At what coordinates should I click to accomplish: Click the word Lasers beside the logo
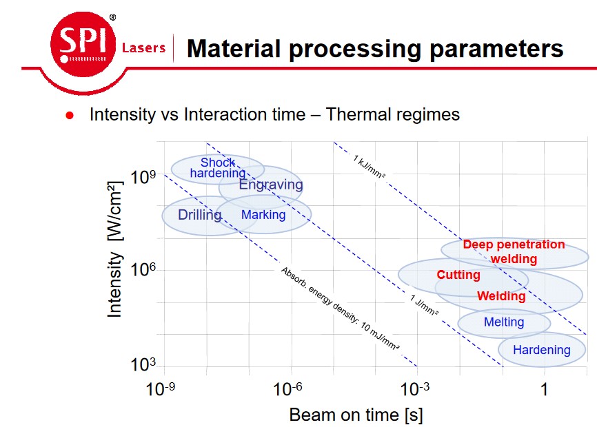[x=143, y=48]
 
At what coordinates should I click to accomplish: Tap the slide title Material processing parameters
[x=375, y=48]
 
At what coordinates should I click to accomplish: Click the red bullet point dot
[x=69, y=116]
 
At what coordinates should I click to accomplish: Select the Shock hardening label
[x=218, y=168]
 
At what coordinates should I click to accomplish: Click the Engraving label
[x=270, y=185]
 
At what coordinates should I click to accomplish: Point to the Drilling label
[x=200, y=215]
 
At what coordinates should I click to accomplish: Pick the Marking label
[x=263, y=215]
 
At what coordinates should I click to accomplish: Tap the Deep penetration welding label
[x=514, y=251]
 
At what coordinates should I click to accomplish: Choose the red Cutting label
[x=458, y=275]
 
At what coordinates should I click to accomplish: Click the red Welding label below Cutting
[x=501, y=296]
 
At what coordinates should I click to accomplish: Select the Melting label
[x=504, y=322]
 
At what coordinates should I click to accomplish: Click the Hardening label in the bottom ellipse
[x=542, y=350]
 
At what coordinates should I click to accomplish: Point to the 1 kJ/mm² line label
[x=369, y=167]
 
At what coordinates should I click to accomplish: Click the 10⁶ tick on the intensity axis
[x=143, y=270]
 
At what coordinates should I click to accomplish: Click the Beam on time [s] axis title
[x=356, y=415]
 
